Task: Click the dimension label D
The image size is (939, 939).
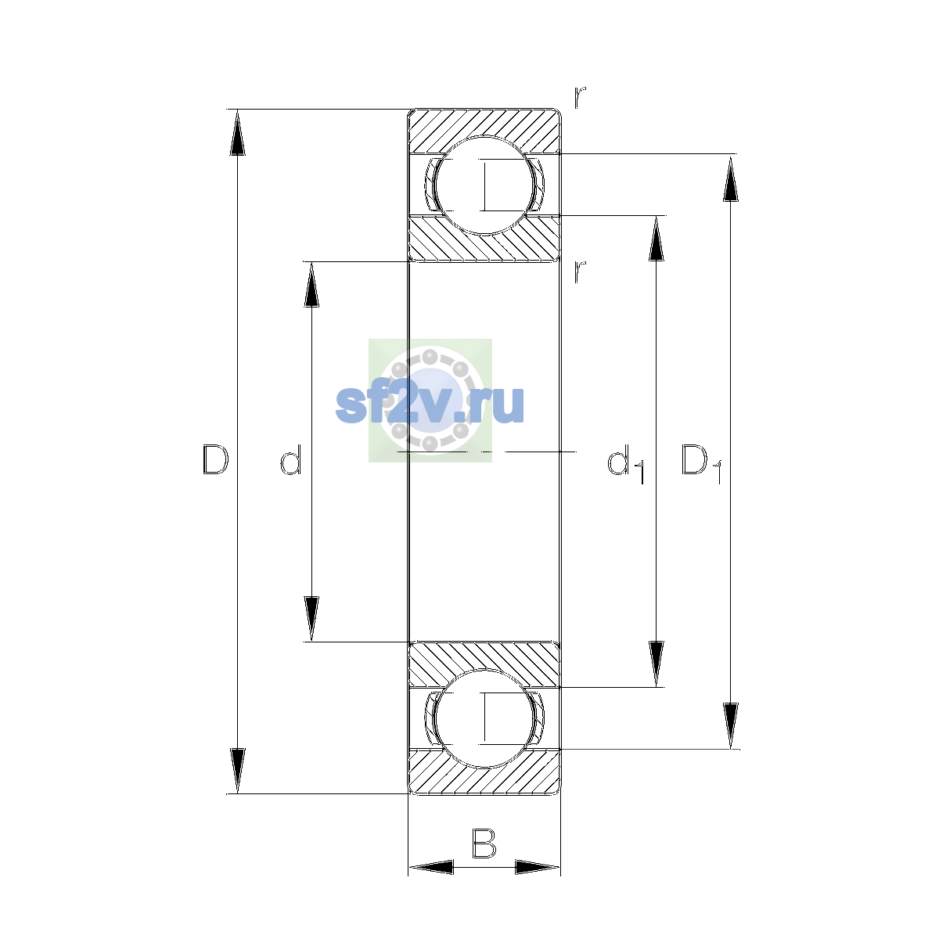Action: (215, 459)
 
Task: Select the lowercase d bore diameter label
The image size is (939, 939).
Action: (291, 459)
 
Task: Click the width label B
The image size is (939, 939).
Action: (484, 843)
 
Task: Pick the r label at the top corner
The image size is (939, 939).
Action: (579, 97)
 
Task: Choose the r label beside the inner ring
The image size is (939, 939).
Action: (579, 272)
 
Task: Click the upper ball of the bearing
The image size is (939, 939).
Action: (484, 185)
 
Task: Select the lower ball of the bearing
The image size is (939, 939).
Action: (484, 718)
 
